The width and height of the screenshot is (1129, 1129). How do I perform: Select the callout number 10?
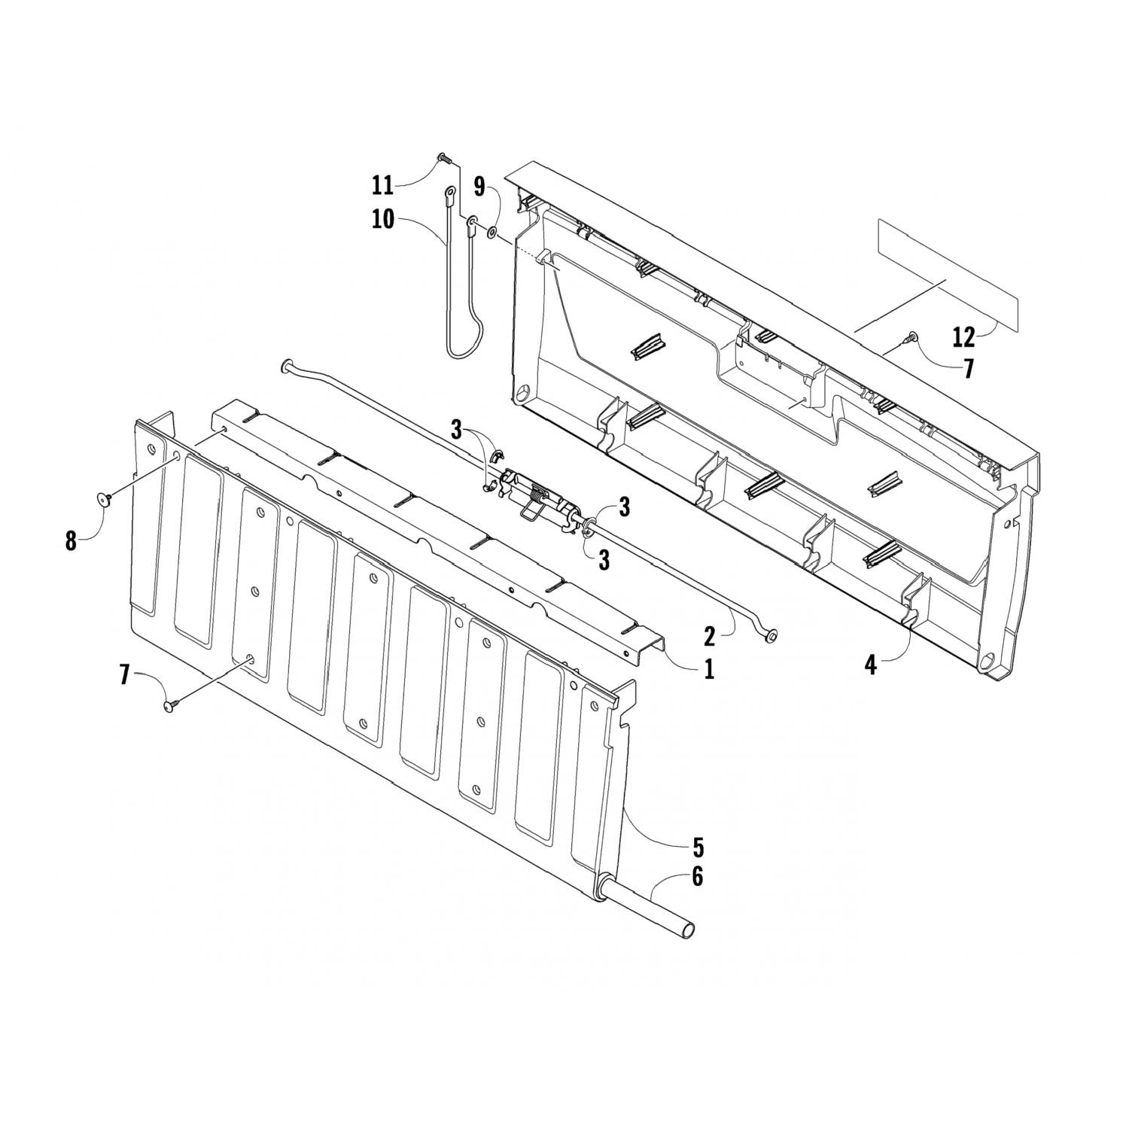(x=382, y=220)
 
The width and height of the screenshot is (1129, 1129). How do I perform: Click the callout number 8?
(x=71, y=540)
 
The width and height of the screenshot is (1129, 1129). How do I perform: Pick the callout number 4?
(x=870, y=665)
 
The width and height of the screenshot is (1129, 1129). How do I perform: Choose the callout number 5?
(x=698, y=848)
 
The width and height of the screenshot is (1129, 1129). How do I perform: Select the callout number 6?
(x=698, y=877)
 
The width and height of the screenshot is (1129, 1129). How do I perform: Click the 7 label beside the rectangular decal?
(x=968, y=369)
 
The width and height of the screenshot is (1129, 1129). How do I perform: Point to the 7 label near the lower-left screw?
(x=125, y=675)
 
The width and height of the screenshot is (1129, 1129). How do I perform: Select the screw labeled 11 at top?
(x=443, y=158)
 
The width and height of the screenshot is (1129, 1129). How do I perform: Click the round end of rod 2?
(x=769, y=638)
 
